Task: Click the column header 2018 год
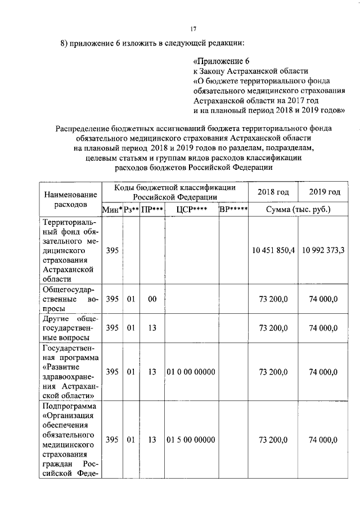click(273, 192)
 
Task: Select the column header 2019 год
click(325, 192)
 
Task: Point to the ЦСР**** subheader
click(191, 210)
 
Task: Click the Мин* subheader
click(112, 210)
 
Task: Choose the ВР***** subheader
click(233, 210)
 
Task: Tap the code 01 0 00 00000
click(191, 372)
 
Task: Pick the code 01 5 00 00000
click(191, 439)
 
